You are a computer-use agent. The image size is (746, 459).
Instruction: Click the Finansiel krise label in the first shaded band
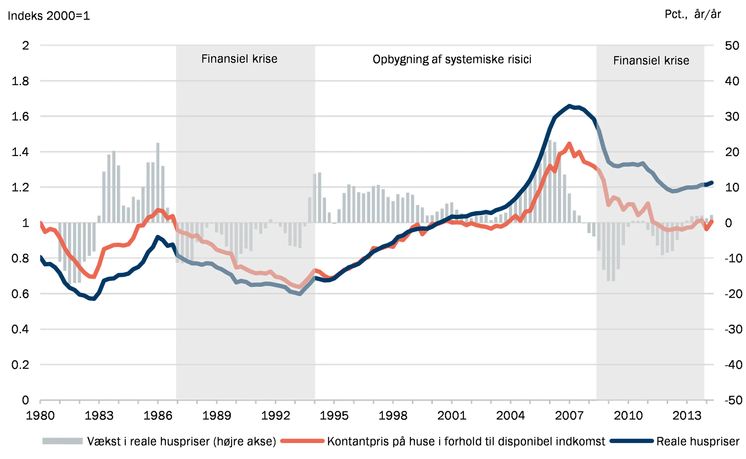click(239, 59)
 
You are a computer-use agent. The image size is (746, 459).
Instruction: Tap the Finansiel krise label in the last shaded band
click(651, 61)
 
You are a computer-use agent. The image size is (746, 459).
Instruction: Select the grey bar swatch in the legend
click(62, 441)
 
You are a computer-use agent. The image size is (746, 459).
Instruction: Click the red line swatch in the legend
click(302, 441)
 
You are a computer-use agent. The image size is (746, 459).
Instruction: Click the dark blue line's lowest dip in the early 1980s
click(93, 300)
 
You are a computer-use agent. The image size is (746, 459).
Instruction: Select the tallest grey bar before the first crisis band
click(158, 141)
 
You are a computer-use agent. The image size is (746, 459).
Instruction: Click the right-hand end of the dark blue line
click(713, 183)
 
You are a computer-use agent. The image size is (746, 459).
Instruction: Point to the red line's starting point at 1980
click(40, 221)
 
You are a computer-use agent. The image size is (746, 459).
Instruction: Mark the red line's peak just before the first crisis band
click(159, 210)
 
